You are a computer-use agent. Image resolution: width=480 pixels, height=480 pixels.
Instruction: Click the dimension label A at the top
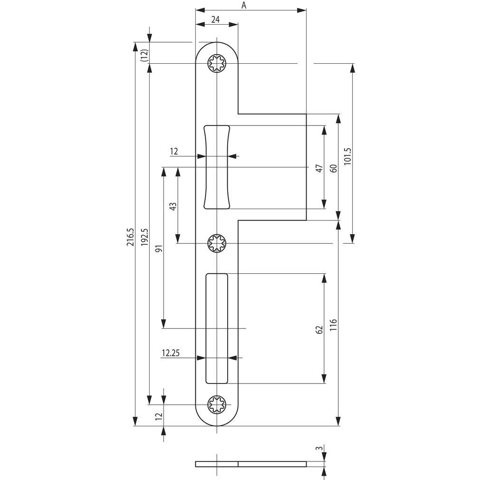pyautogui.click(x=244, y=5)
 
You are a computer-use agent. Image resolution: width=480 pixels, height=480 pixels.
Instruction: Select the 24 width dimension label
pyautogui.click(x=215, y=19)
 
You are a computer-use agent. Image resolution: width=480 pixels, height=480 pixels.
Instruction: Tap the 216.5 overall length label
pyautogui.click(x=130, y=237)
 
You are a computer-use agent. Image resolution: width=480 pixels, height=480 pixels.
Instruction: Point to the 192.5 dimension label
pyautogui.click(x=144, y=237)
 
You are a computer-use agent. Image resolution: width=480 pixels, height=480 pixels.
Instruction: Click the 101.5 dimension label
pyautogui.click(x=348, y=156)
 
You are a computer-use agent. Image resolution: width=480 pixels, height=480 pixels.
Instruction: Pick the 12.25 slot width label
pyautogui.click(x=171, y=353)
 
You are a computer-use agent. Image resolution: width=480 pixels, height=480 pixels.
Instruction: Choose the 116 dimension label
pyautogui.click(x=333, y=325)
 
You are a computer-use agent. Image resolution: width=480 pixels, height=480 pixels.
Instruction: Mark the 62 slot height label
pyautogui.click(x=319, y=330)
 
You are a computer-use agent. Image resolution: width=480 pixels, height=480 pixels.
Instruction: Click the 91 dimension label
pyautogui.click(x=159, y=248)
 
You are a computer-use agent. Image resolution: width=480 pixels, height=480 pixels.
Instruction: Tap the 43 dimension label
pyautogui.click(x=173, y=206)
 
